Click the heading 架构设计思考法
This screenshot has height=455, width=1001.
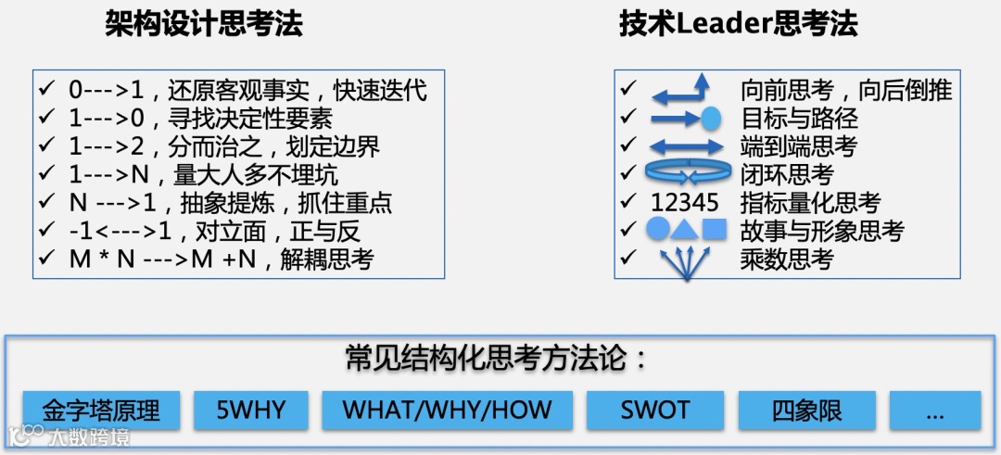(x=204, y=25)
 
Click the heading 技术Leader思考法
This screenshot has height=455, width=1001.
(x=738, y=25)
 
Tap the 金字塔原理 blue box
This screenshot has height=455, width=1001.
(x=101, y=410)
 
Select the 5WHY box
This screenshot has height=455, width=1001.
(x=250, y=410)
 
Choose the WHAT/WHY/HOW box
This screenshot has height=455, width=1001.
(x=447, y=410)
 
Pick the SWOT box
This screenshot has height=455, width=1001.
(x=655, y=410)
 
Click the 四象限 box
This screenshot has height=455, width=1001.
(x=806, y=410)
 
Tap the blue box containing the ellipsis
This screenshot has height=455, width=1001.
(x=934, y=410)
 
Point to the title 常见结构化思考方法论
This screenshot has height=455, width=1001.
(x=497, y=358)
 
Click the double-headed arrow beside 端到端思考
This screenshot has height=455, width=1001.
(x=686, y=146)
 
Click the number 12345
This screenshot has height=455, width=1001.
(x=685, y=202)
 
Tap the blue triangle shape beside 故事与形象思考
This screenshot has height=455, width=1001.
(x=685, y=229)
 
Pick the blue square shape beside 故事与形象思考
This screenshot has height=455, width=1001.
(x=714, y=229)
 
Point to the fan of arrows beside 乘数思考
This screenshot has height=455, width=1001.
(x=685, y=263)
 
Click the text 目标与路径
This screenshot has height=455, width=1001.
(x=799, y=118)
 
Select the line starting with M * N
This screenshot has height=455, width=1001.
(x=221, y=259)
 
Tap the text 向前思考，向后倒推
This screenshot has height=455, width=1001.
(x=846, y=90)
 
